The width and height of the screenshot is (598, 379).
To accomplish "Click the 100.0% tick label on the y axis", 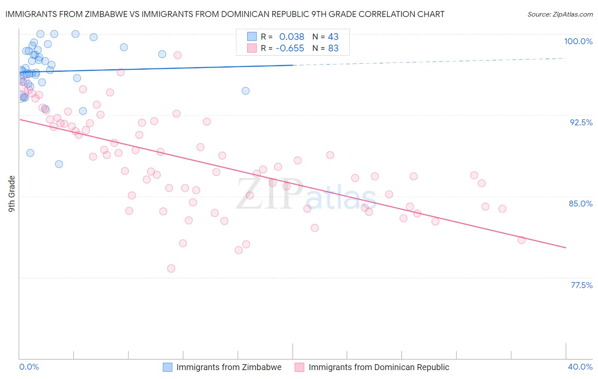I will [578, 41].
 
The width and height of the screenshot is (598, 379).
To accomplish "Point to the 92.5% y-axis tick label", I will [581, 122].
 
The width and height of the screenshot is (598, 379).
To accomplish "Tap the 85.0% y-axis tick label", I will [581, 204].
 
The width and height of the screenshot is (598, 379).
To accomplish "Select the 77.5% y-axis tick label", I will [581, 285].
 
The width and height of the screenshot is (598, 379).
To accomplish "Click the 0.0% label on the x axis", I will [29, 367].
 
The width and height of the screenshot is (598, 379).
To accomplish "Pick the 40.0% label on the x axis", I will [580, 367].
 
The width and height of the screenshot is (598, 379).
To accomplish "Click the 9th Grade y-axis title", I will [11, 194].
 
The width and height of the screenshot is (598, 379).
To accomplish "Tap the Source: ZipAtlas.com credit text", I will [560, 14].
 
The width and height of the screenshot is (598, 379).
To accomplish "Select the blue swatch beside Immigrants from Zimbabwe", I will [168, 367].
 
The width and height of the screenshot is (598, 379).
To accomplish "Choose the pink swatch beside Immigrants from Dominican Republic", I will [299, 367].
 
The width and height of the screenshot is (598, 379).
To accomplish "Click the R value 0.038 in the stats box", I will [291, 37].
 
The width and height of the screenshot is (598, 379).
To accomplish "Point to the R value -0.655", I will [290, 48].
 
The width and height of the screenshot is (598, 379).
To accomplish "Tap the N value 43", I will [333, 37].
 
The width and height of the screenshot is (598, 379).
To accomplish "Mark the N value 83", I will [333, 48].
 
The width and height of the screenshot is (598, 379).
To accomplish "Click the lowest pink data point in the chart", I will [171, 269].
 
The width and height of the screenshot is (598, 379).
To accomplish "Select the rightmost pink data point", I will [521, 240].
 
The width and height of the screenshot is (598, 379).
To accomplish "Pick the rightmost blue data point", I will [245, 91].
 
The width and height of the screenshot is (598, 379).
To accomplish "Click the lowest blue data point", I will [59, 164].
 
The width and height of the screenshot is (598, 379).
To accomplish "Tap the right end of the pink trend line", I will [566, 247].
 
